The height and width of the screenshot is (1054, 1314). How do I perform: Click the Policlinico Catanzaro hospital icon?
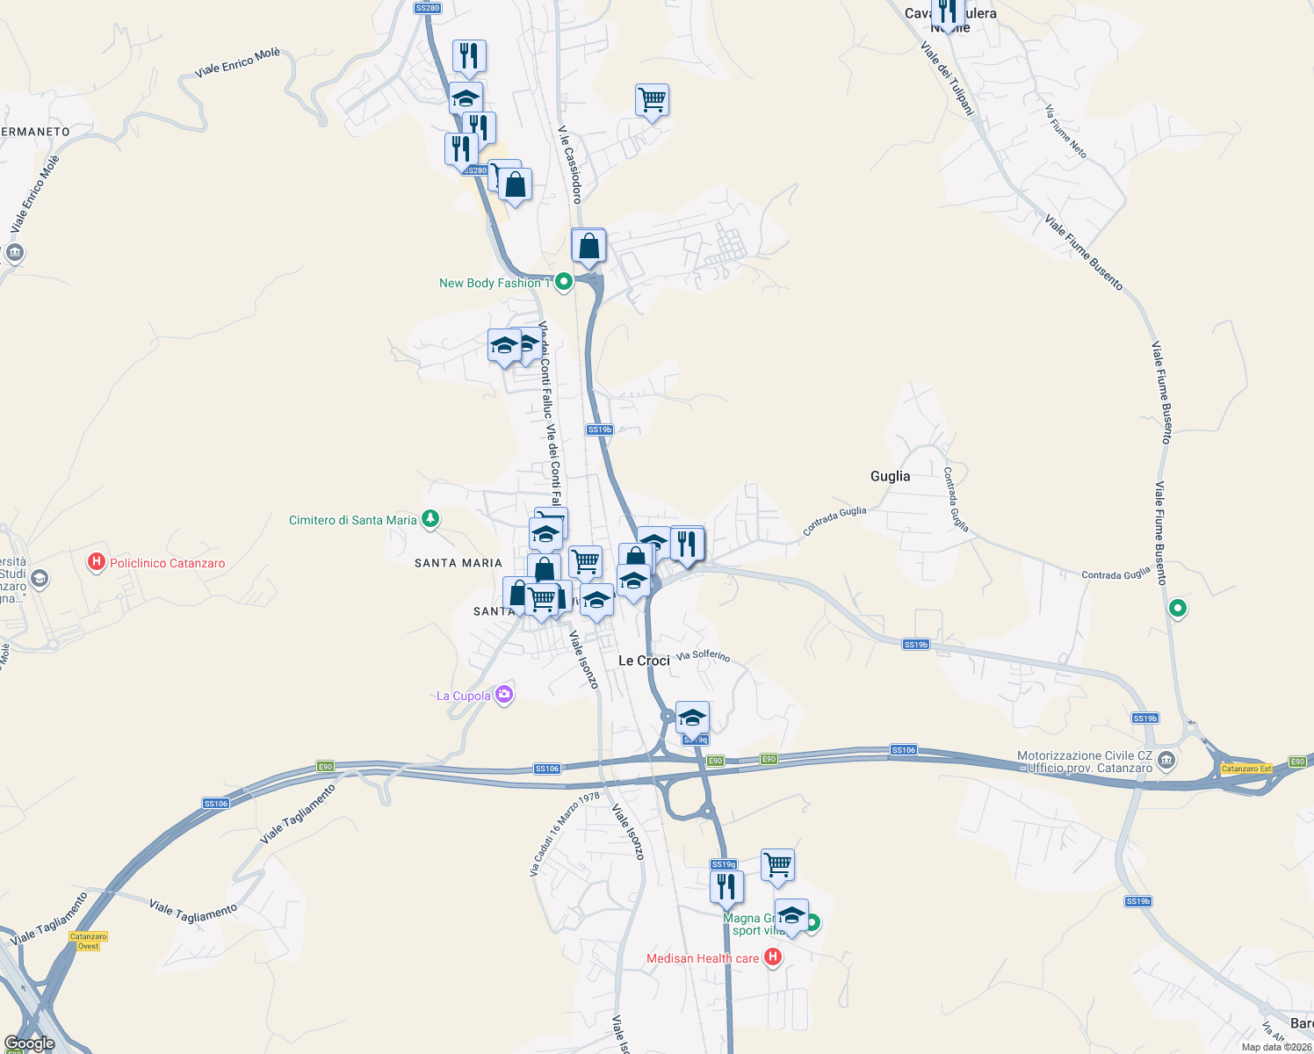97,562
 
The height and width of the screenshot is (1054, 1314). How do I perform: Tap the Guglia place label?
890,476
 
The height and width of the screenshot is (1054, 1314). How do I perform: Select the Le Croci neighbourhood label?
644,661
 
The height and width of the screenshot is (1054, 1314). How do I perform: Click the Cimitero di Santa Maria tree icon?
430,520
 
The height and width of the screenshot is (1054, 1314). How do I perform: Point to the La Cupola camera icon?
503,695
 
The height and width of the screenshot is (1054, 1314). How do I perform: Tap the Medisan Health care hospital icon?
773,957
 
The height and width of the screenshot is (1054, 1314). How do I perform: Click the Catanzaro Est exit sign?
1246,769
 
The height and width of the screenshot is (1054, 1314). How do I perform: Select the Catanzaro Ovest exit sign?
88,941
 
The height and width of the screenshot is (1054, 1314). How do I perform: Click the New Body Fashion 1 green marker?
564,282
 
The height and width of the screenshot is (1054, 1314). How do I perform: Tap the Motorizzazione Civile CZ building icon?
1166,760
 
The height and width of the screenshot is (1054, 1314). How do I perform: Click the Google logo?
29,1043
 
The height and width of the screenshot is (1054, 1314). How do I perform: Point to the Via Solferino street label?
703,656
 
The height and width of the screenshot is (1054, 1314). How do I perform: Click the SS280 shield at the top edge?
427,8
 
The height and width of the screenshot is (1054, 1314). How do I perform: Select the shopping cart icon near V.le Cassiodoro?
652,99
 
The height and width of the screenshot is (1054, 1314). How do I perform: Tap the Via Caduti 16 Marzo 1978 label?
564,834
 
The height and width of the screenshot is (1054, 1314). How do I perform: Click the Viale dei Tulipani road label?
948,78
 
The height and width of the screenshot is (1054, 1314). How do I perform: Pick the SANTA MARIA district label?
458,563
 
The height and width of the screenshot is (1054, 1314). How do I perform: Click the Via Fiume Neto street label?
1066,131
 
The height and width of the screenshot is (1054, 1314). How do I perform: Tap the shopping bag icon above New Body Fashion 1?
588,246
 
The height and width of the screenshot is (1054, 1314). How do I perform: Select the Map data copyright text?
1276,1047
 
